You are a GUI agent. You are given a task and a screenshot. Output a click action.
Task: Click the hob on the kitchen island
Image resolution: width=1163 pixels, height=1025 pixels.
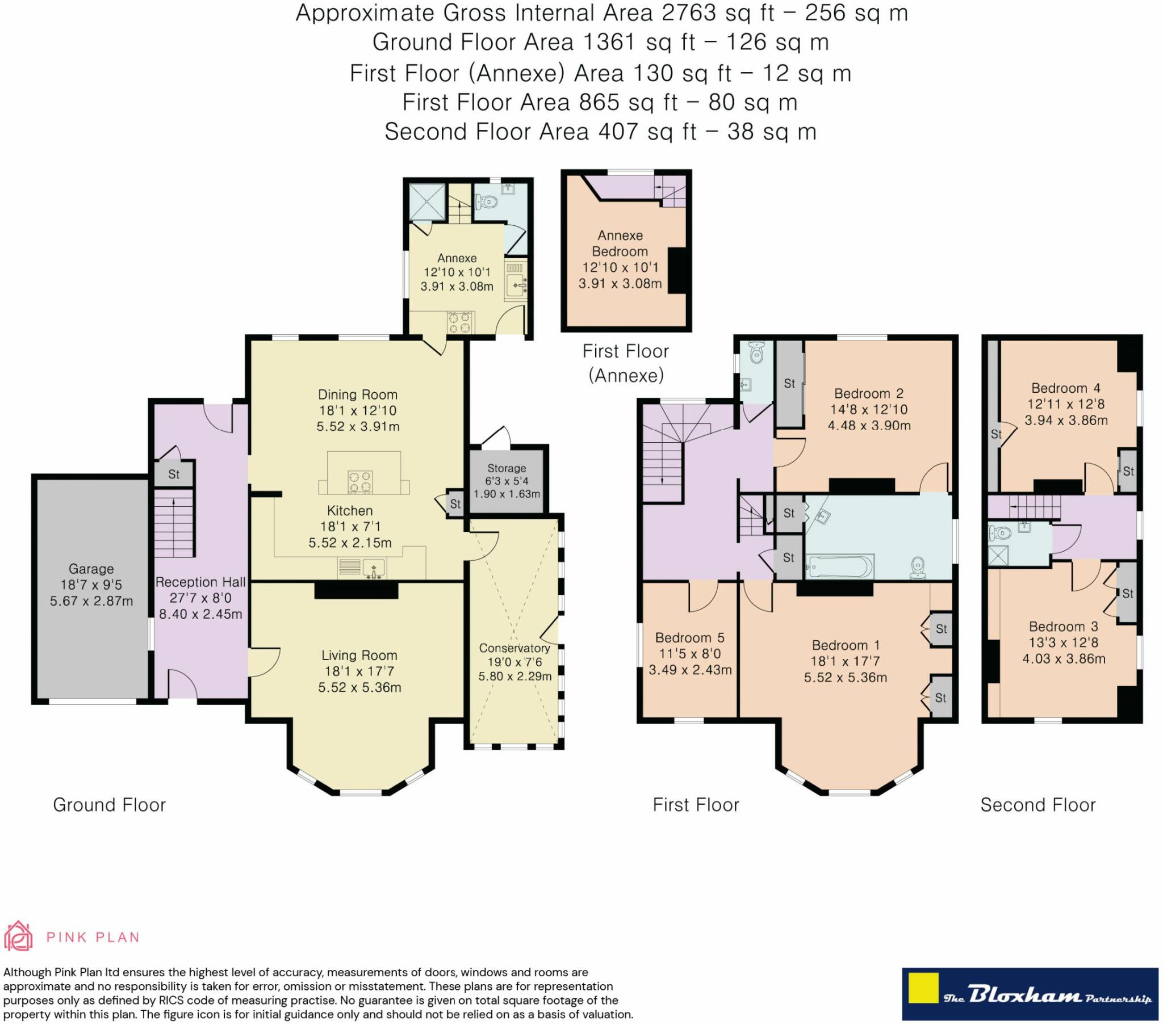[x=360, y=482]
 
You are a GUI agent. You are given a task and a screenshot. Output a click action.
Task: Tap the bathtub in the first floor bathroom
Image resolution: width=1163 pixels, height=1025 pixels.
[x=839, y=567]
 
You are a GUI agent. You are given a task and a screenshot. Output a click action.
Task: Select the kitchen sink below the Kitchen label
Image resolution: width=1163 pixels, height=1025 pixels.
[x=374, y=568]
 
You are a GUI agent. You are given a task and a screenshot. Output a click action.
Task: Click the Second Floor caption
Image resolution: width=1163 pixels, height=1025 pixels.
[x=1038, y=805]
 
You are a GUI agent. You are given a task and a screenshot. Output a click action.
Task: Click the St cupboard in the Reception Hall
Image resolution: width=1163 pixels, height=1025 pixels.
[x=174, y=473]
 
